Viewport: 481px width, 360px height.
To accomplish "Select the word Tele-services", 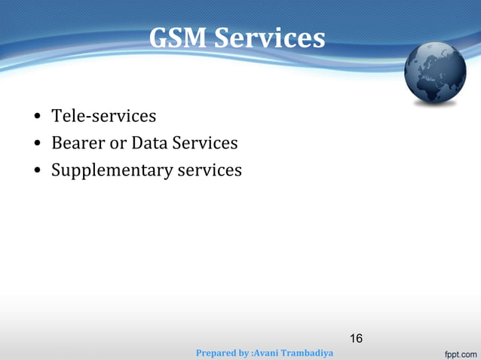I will point(103,116).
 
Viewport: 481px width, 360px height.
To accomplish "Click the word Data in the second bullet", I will point(149,142).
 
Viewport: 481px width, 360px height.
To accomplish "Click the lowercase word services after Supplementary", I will point(210,169).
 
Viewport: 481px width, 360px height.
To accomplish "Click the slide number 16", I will point(356,338).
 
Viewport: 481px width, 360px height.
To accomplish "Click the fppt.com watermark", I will point(458,352).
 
